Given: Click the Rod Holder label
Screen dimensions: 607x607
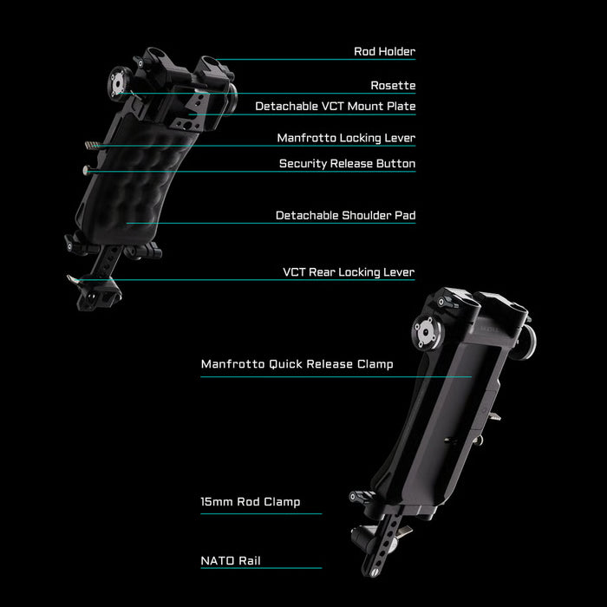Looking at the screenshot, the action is point(384,51).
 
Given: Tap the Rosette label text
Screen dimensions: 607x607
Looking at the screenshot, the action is point(393,86).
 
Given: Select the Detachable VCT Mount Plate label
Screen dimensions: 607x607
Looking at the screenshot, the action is point(336,107).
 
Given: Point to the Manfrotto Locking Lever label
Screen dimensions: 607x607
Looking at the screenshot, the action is point(346,138).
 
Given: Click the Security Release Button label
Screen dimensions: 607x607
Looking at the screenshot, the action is point(347,164).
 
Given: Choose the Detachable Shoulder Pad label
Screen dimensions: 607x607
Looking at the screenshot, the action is point(345,216).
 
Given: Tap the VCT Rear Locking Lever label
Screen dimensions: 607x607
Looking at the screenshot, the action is point(349,272).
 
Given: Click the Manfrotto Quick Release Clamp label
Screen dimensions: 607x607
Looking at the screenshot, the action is point(297,364).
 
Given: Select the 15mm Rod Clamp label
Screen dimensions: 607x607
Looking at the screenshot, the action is point(250,502).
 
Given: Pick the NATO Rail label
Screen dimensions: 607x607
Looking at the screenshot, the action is point(231,561).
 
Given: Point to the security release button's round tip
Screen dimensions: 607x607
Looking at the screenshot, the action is point(86,170).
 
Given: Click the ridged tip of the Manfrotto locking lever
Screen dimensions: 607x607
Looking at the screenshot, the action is point(90,145).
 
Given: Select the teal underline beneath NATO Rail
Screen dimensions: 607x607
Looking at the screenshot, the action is point(261,568).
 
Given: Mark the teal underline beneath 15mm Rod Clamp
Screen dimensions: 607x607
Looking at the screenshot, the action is point(261,513).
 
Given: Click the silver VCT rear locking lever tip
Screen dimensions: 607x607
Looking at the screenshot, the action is point(72,279).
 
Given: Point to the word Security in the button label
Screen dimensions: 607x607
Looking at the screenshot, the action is point(303,164).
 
